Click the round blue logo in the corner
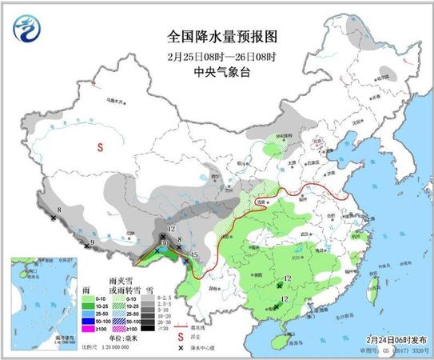[27, 29]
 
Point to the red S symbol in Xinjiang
[101, 147]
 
